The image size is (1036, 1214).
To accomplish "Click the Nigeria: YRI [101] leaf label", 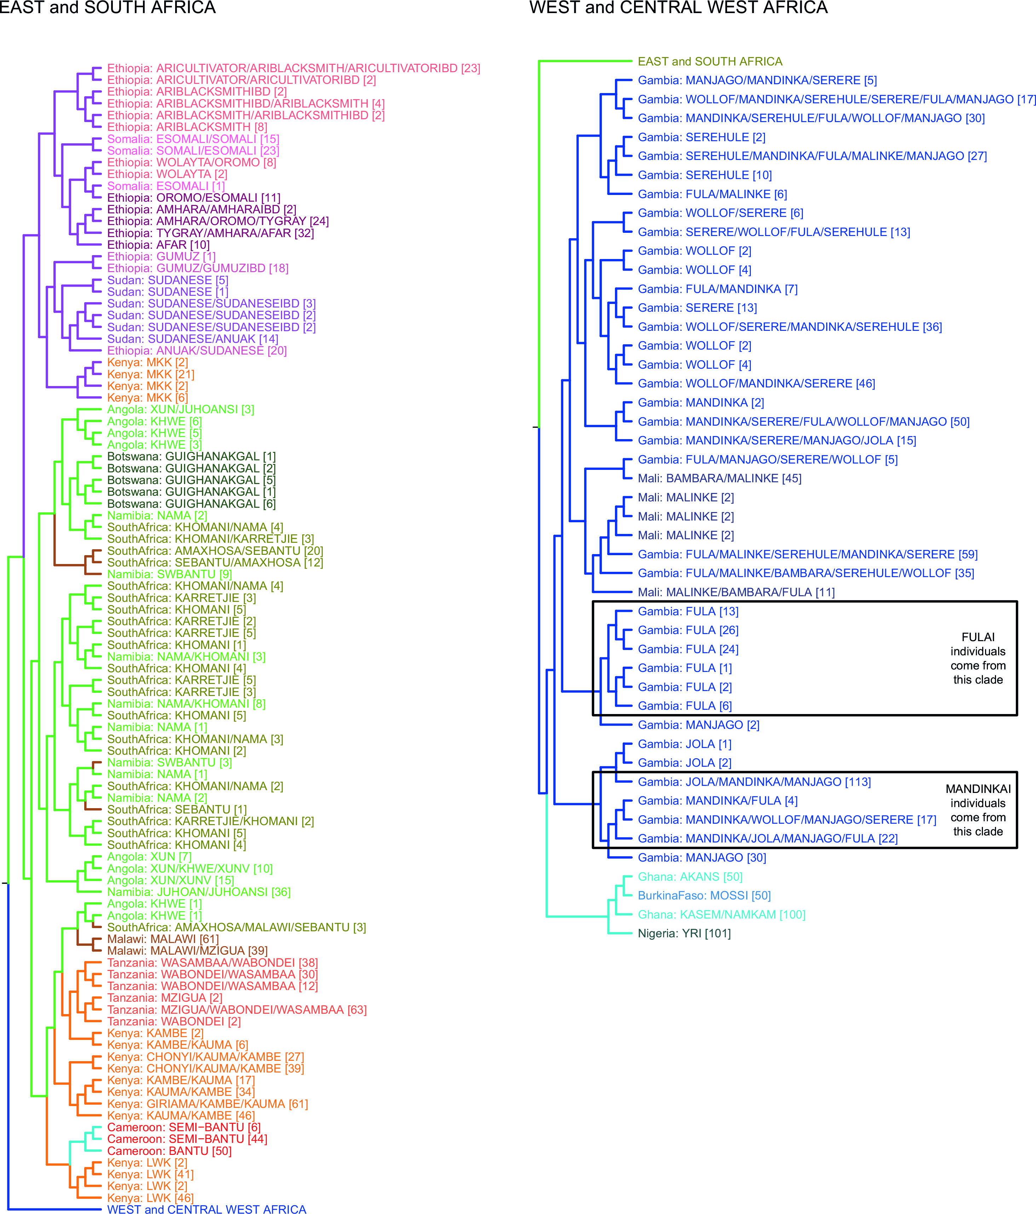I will [684, 933].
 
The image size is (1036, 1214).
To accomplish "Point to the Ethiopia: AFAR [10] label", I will [158, 245].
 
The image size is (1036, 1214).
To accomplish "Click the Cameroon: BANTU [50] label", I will [169, 1151].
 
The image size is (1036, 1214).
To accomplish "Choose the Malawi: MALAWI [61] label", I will [163, 939].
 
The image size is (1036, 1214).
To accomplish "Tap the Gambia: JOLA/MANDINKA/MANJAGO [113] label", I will [754, 782].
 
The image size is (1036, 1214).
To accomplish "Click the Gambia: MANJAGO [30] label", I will [702, 857].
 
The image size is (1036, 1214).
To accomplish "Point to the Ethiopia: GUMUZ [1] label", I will [161, 257].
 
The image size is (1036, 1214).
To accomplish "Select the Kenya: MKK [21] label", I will [151, 374].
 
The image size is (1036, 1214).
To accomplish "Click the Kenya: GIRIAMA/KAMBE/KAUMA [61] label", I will [207, 1104].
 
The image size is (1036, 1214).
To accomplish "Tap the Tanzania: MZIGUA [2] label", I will [165, 998].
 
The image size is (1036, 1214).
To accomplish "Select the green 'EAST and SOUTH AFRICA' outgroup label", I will [710, 62].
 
